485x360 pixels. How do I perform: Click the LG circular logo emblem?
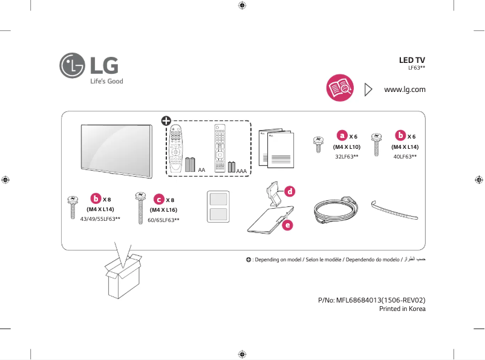point(73,65)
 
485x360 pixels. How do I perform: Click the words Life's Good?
point(106,81)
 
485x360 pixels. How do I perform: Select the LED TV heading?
point(412,61)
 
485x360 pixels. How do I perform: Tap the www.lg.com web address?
point(405,90)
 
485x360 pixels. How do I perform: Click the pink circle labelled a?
point(342,135)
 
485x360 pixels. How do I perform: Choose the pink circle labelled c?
point(158,199)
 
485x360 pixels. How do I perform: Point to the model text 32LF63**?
point(347,157)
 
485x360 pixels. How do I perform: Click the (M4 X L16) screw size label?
point(163,209)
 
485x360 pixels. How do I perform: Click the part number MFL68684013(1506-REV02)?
point(371,299)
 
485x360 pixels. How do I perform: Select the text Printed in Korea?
point(402,309)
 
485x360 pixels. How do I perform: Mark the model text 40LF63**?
point(405,157)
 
